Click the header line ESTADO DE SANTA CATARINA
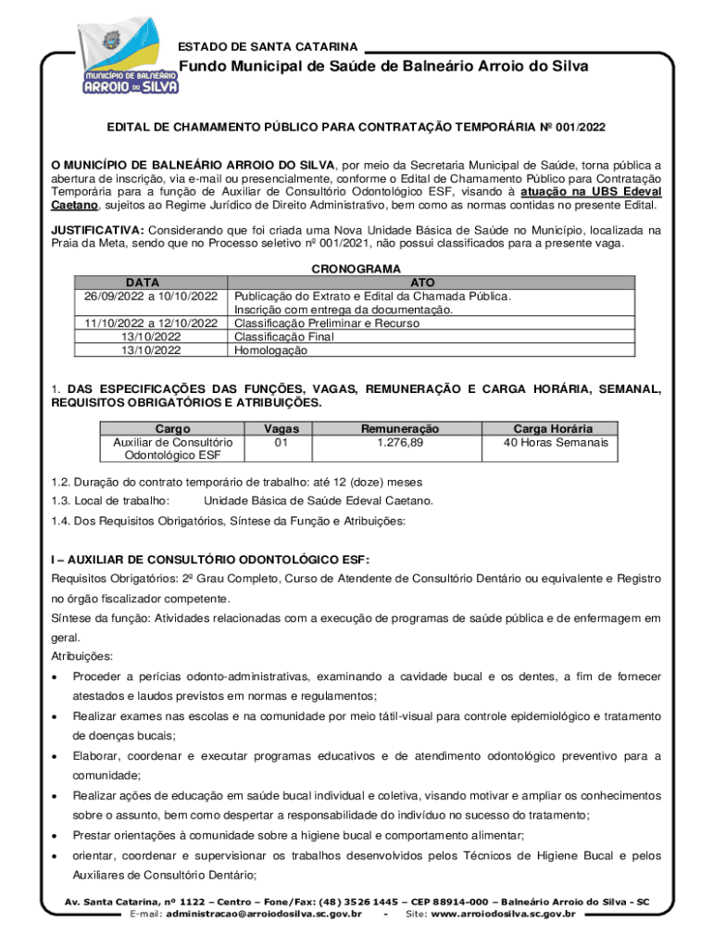[x=268, y=45]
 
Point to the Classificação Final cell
[x=283, y=337]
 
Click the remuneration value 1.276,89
[x=400, y=443]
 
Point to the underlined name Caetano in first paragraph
[x=74, y=206]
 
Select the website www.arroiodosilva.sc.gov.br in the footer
[x=504, y=915]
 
